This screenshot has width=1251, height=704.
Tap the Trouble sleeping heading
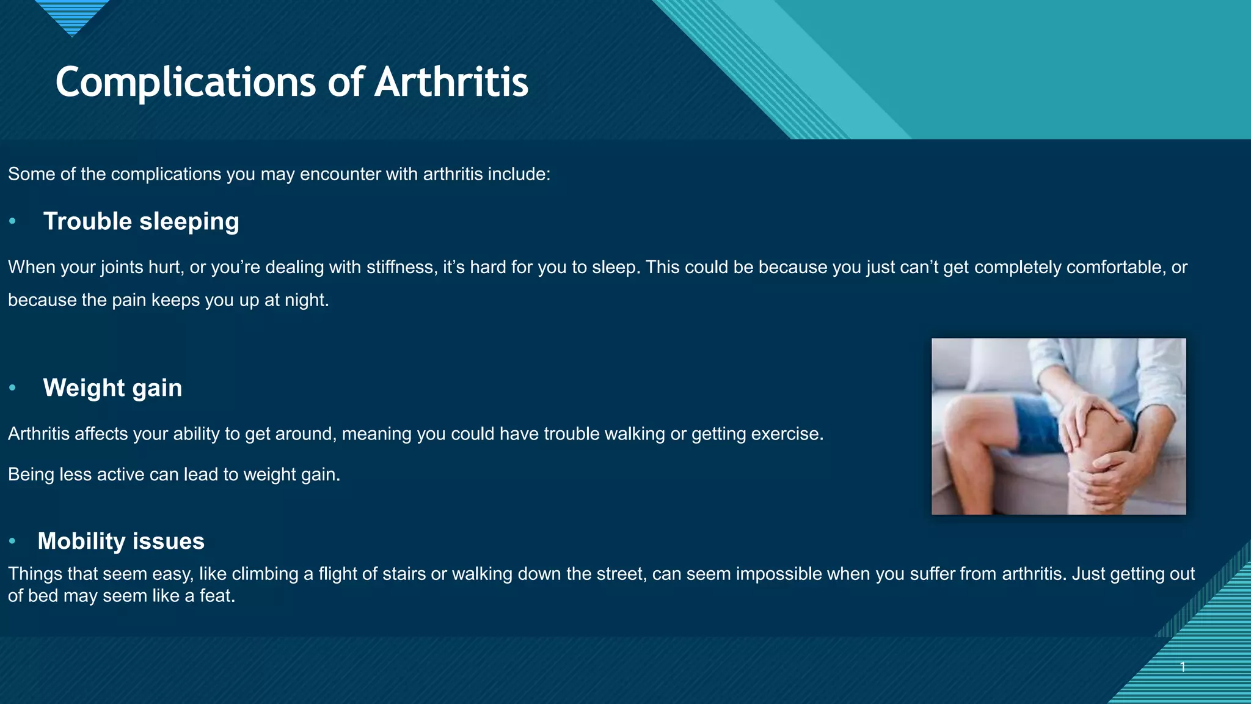[x=141, y=221]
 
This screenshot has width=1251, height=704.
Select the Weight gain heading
[x=112, y=388]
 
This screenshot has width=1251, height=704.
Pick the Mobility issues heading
[x=121, y=541]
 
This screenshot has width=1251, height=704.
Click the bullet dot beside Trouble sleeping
[x=12, y=221]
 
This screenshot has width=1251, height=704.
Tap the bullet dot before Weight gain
[x=12, y=388]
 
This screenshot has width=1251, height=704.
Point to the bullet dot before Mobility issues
[x=12, y=541]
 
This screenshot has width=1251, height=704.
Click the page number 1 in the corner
[x=1183, y=667]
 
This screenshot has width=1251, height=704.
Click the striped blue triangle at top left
[x=72, y=15]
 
